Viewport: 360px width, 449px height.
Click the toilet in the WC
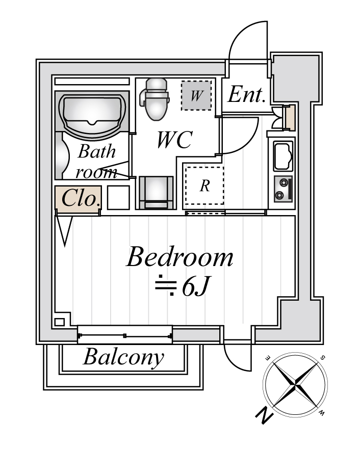(x=156, y=98)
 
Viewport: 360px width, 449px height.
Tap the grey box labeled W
(x=197, y=95)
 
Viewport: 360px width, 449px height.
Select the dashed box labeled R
(x=204, y=185)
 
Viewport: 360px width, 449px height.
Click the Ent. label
(x=246, y=95)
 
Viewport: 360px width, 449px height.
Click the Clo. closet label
(x=78, y=198)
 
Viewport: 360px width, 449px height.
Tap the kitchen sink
(x=283, y=156)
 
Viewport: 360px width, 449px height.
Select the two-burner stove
(x=282, y=189)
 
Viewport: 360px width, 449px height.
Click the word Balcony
(x=123, y=357)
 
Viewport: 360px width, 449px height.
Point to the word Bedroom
(x=179, y=258)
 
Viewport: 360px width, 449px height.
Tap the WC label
(x=174, y=140)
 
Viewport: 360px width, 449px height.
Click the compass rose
(x=295, y=385)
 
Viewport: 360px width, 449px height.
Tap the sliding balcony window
(x=125, y=335)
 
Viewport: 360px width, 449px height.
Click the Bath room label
(x=97, y=161)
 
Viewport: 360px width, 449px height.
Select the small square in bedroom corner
(x=60, y=322)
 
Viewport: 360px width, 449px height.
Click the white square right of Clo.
(x=117, y=198)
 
